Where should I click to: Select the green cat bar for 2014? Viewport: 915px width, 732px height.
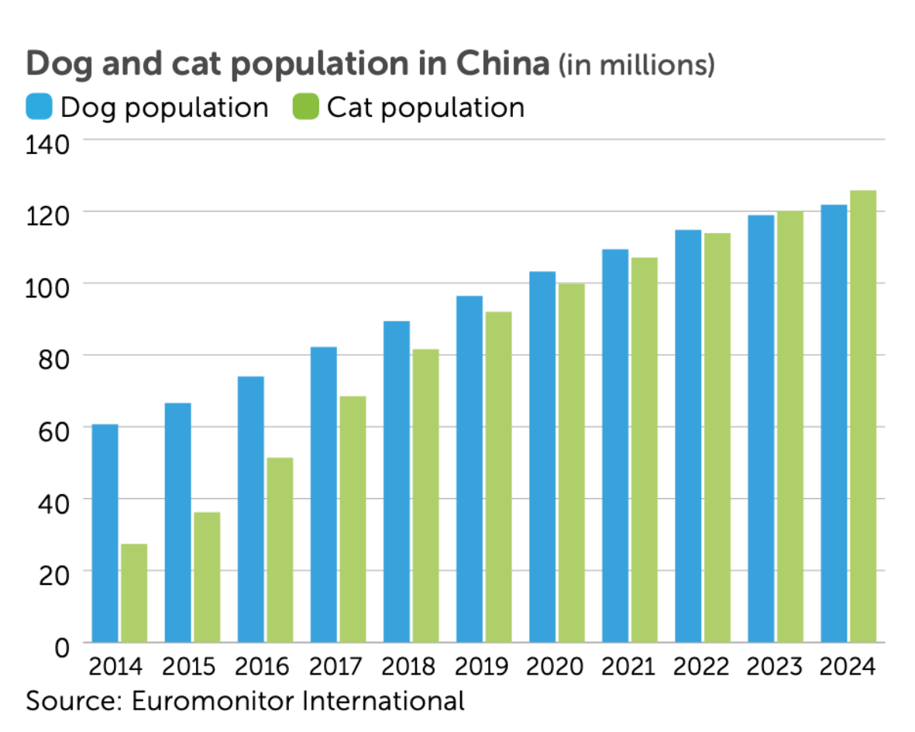click(134, 593)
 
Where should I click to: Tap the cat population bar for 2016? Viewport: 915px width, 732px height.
click(280, 550)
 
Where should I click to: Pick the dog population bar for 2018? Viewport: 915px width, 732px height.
click(396, 481)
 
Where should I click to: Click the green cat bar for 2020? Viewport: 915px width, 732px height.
click(571, 462)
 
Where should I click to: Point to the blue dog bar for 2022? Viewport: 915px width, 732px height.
click(687, 435)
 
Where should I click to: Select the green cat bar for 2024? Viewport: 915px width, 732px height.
click(862, 416)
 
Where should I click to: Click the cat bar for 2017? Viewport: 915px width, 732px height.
click(353, 519)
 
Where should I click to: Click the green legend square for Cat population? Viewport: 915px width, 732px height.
click(306, 107)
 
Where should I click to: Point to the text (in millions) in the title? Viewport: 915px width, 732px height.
click(635, 66)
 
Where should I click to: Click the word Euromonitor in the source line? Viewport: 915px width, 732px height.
click(210, 702)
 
